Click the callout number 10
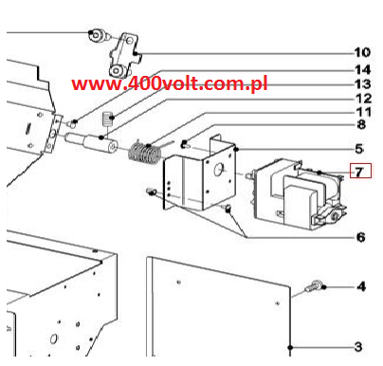[362, 52]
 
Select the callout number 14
[363, 70]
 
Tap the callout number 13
[363, 84]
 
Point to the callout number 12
[363, 99]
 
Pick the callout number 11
[363, 112]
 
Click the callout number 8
[361, 124]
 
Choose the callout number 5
[359, 149]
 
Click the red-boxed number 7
[358, 172]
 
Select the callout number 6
[361, 237]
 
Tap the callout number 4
[361, 286]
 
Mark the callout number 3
[358, 347]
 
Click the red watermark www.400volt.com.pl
[170, 83]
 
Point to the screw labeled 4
[314, 286]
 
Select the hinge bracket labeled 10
[124, 55]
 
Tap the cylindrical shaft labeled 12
[91, 142]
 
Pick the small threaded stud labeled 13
[107, 120]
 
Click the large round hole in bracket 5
[218, 170]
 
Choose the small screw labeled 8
[185, 145]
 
